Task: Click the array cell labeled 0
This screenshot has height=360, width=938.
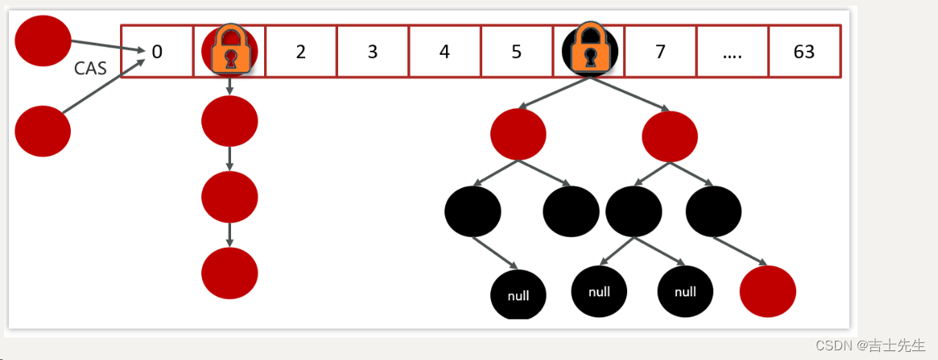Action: (x=157, y=52)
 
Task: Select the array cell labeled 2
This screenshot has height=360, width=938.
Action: (x=301, y=52)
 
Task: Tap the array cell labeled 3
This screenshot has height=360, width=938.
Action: (x=372, y=52)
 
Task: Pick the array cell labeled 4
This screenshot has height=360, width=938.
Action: (x=444, y=52)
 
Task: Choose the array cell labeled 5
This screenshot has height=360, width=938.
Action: (x=516, y=52)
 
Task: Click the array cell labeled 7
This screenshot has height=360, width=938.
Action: (x=660, y=52)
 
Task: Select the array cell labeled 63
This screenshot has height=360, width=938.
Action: (x=804, y=52)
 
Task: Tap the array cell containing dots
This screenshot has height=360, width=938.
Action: (x=732, y=52)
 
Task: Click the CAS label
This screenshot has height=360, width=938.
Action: (x=90, y=68)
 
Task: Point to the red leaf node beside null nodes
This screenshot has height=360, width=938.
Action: (x=767, y=291)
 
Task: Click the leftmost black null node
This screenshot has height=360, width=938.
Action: (x=519, y=296)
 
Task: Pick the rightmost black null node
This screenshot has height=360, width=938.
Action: (x=685, y=291)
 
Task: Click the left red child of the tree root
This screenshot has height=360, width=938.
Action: (x=518, y=134)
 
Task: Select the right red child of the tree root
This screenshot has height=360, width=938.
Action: (x=670, y=136)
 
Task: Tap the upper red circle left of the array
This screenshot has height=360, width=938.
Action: (x=43, y=40)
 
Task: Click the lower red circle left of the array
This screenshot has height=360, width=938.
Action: (x=43, y=130)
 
